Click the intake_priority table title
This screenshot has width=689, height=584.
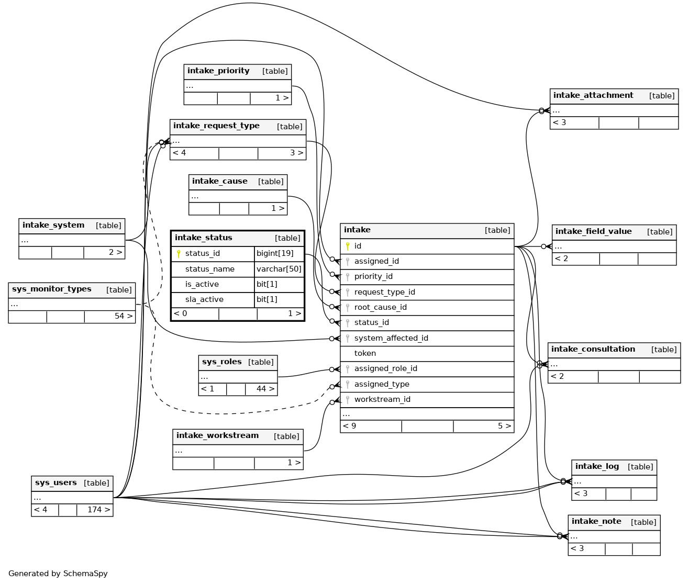click(x=218, y=71)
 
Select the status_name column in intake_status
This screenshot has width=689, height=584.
click(x=209, y=269)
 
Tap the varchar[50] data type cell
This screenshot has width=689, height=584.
click(x=279, y=269)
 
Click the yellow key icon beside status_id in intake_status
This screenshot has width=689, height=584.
click(x=179, y=254)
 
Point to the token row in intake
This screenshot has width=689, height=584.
click(x=365, y=353)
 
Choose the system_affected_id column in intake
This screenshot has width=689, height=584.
click(x=391, y=338)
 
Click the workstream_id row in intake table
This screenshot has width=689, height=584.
click(x=382, y=399)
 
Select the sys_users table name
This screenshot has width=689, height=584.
click(x=56, y=483)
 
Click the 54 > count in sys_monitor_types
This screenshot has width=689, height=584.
click(x=124, y=316)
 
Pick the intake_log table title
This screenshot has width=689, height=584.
click(x=597, y=466)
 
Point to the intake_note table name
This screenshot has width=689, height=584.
click(x=596, y=521)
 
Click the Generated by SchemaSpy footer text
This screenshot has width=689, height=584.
click(x=58, y=574)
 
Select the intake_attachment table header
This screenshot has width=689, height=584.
click(x=593, y=96)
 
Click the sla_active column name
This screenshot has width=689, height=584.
click(x=204, y=299)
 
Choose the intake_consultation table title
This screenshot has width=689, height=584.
click(x=593, y=349)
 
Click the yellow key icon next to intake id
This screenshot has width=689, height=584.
click(x=347, y=246)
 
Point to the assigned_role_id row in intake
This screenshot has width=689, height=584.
click(x=386, y=368)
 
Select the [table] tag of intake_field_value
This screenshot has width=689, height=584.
click(x=660, y=232)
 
